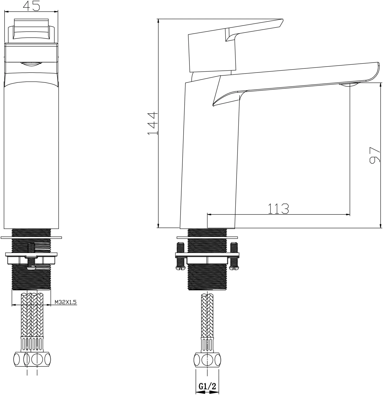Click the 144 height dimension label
coord(153,123)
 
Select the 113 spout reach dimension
coord(278,209)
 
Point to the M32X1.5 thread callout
coord(66,302)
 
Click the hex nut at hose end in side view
coord(207,360)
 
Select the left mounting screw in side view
coord(180,256)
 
